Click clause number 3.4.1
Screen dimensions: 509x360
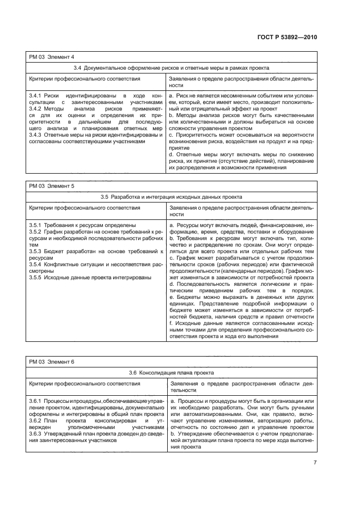[35, 95]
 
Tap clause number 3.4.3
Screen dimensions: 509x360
[35, 134]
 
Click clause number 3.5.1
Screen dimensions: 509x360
[35, 224]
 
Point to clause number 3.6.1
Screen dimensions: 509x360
[35, 401]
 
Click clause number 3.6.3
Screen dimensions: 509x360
[35, 433]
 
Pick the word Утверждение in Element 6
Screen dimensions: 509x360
[193, 433]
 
